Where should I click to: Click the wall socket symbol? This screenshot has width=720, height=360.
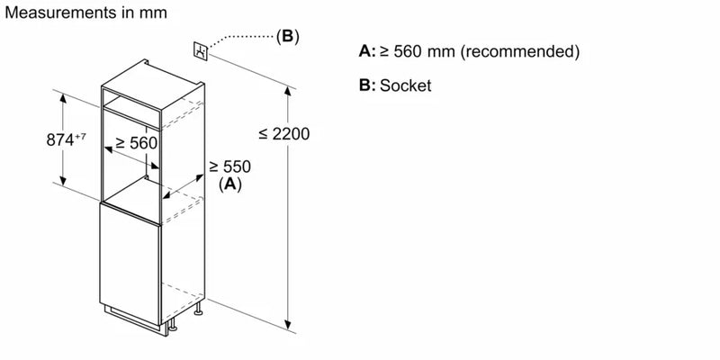[202, 50]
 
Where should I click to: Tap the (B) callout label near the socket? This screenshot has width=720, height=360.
[286, 37]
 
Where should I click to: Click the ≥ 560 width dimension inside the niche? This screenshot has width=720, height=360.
[136, 142]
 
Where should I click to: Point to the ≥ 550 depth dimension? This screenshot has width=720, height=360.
[229, 166]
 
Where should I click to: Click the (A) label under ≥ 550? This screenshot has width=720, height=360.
[230, 184]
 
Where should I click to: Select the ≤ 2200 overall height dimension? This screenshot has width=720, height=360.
[283, 134]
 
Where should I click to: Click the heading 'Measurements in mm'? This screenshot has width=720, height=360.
[85, 13]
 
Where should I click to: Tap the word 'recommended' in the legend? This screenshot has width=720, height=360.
[517, 51]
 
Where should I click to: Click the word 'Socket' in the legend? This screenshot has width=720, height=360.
[407, 85]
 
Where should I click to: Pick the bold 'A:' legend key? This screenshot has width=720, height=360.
[366, 51]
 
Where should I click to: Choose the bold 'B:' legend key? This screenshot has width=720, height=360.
[366, 85]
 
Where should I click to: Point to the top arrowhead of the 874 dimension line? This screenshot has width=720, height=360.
[64, 96]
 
